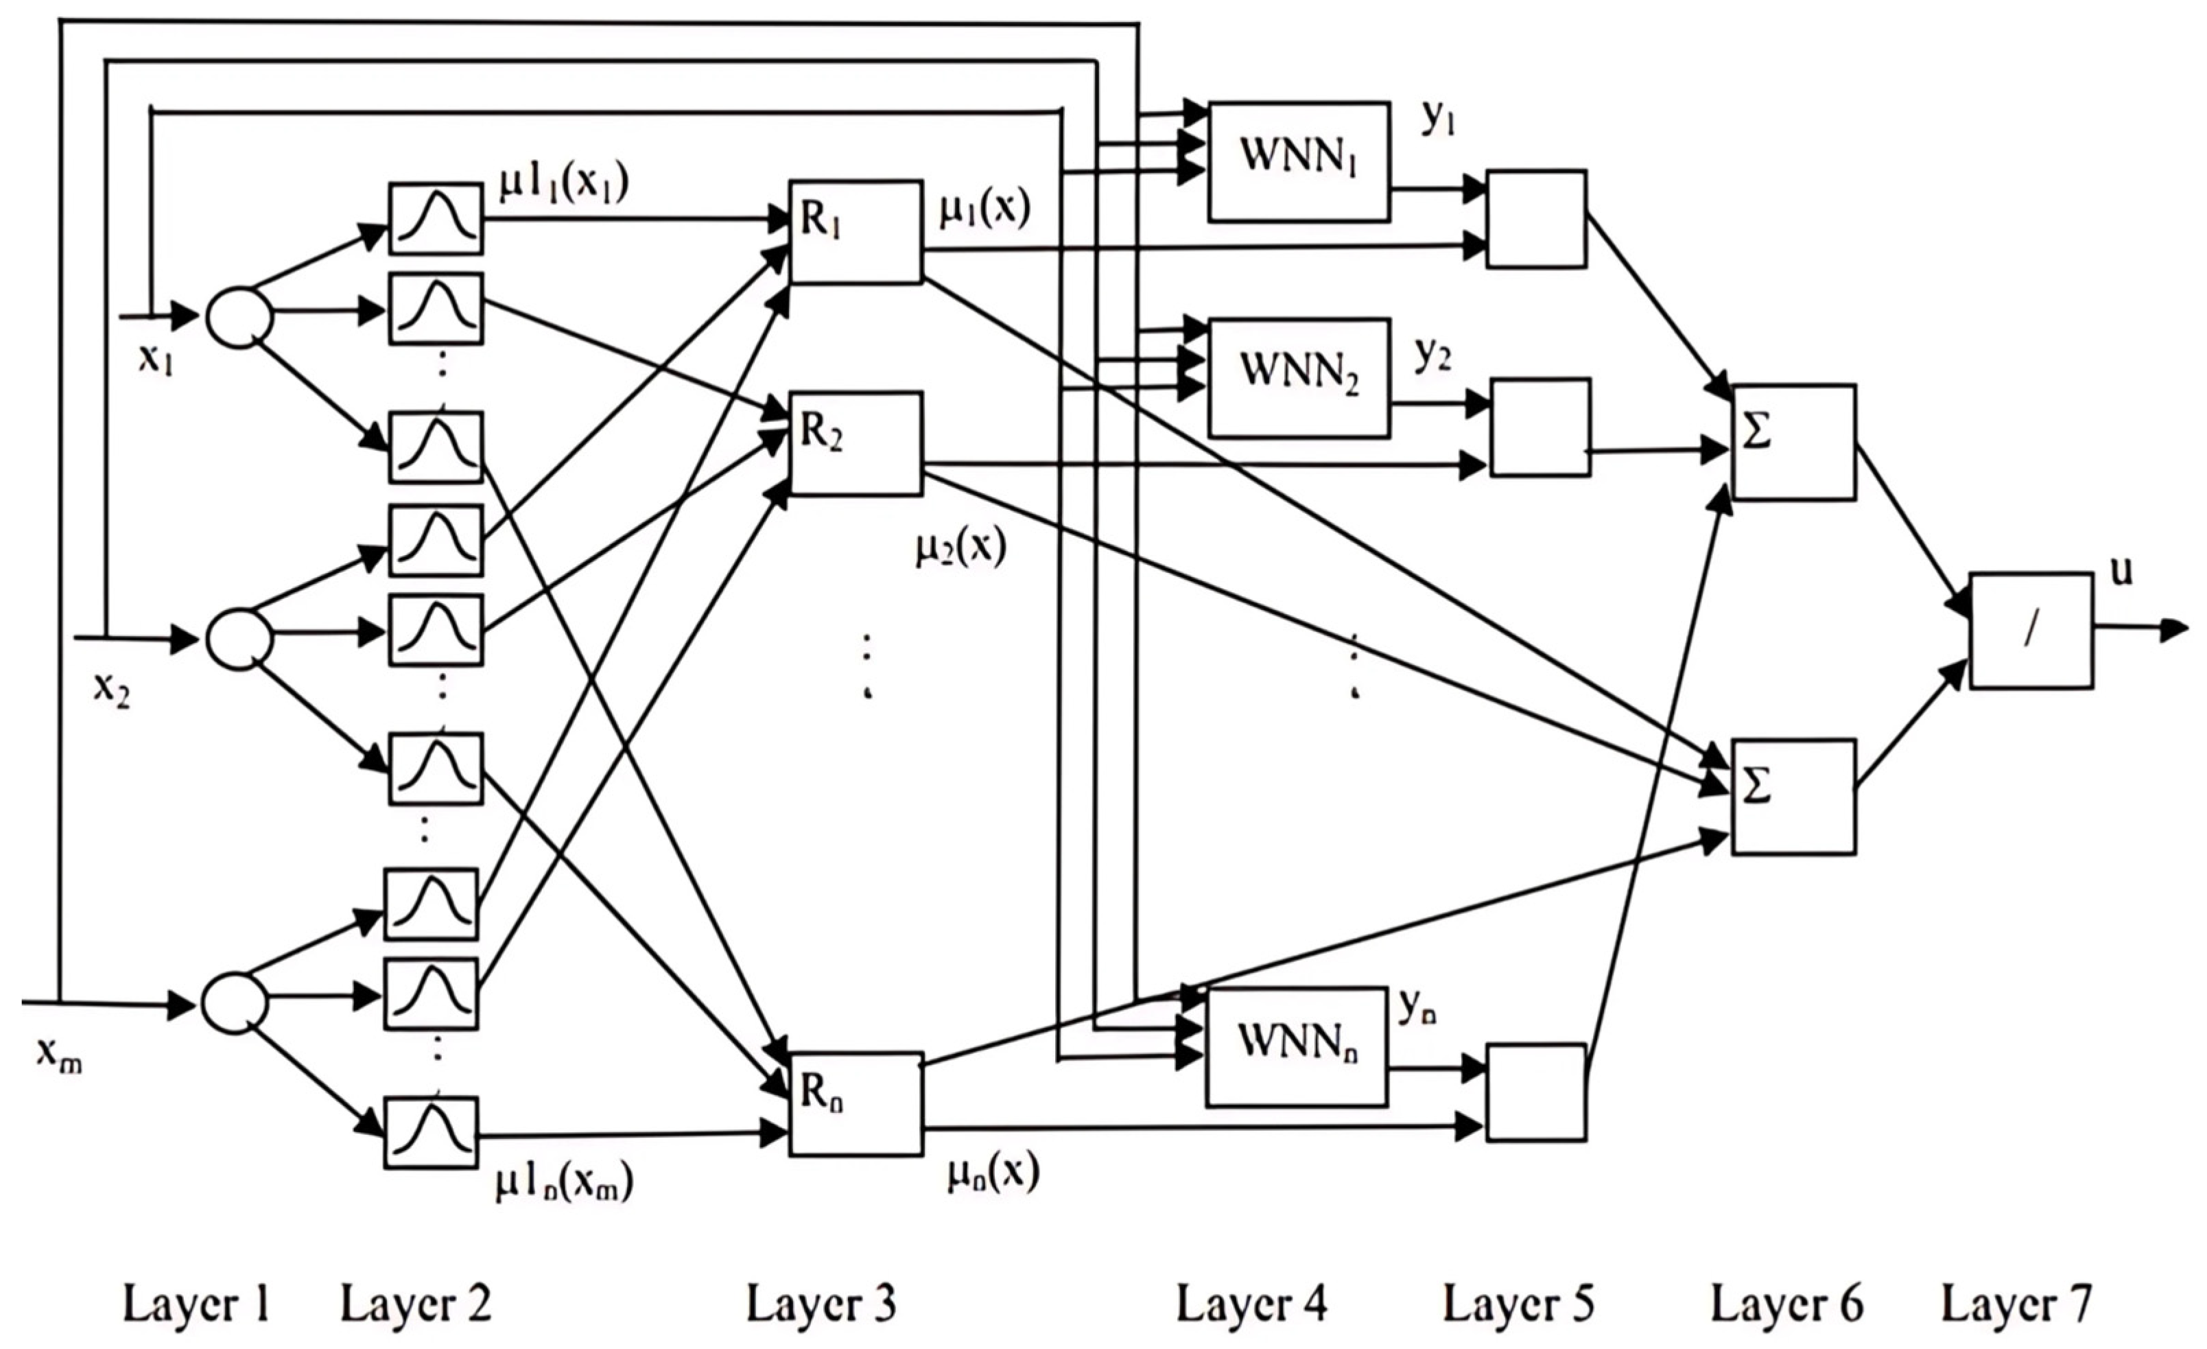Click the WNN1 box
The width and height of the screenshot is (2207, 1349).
pyautogui.click(x=1298, y=161)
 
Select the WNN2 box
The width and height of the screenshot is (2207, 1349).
pyautogui.click(x=1298, y=377)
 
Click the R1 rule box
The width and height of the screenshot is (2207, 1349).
pyautogui.click(x=855, y=232)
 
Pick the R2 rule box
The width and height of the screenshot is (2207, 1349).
pyautogui.click(x=855, y=443)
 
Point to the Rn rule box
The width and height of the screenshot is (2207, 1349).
pyautogui.click(x=855, y=1103)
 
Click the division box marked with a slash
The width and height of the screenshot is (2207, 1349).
pyautogui.click(x=2031, y=631)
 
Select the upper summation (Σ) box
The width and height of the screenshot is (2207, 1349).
pyautogui.click(x=1793, y=442)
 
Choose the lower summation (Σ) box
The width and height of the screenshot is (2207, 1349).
pyautogui.click(x=1793, y=797)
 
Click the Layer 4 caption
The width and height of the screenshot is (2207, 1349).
pyautogui.click(x=1251, y=1304)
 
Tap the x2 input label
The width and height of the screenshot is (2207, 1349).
pyautogui.click(x=111, y=690)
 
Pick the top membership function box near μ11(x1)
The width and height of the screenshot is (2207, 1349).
pyautogui.click(x=436, y=219)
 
